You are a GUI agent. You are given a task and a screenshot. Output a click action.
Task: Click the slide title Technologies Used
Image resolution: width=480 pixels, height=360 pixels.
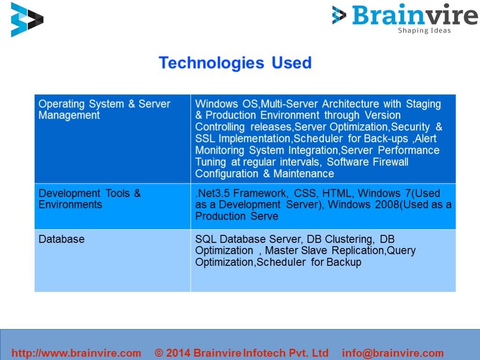[235, 63]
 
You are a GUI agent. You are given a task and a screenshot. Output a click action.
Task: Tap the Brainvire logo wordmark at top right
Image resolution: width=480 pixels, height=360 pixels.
[414, 15]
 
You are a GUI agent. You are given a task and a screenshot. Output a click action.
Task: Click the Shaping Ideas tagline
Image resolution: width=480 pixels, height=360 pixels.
[424, 31]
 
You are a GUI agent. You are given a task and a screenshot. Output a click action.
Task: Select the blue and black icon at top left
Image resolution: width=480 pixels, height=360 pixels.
[27, 20]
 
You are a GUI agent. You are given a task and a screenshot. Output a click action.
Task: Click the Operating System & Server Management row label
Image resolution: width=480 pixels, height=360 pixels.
[104, 109]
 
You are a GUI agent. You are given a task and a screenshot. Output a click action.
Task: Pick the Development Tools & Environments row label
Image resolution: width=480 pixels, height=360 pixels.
[90, 199]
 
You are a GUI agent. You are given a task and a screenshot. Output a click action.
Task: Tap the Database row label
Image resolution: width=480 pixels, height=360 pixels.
[61, 239]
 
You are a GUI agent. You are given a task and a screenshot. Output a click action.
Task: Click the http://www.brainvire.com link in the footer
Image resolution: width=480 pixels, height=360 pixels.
[76, 353]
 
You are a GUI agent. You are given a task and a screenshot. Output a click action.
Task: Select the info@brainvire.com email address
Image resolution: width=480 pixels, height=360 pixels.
[393, 353]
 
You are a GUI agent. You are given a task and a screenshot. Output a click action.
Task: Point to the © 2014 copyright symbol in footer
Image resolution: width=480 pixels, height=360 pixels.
[159, 353]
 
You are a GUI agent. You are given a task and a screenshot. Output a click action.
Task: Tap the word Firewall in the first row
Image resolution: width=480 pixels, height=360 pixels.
[390, 162]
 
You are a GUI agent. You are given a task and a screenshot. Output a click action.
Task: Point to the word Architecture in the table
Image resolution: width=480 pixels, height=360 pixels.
[351, 104]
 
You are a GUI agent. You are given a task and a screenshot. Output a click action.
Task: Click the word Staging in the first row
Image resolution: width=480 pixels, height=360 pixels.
[423, 104]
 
